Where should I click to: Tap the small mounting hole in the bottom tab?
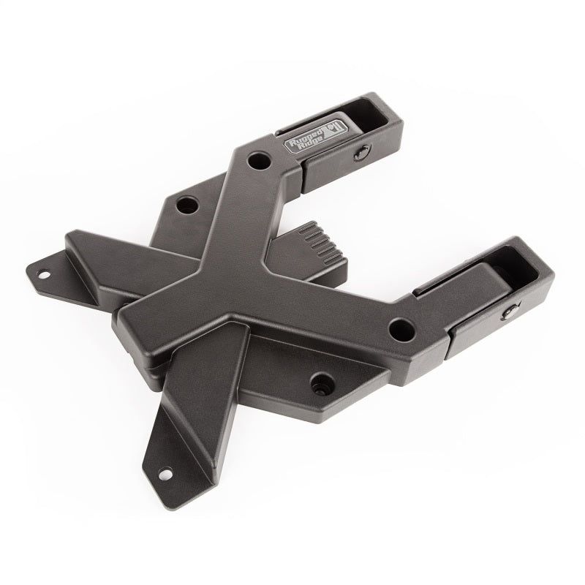point(163,473)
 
